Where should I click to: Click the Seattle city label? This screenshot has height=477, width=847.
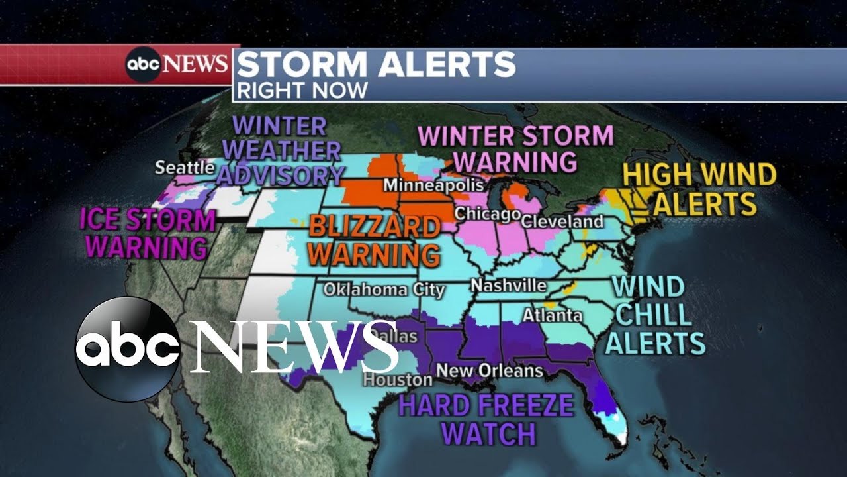(x=185, y=168)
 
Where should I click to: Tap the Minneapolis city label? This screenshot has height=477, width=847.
(x=425, y=184)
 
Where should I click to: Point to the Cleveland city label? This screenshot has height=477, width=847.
(x=562, y=221)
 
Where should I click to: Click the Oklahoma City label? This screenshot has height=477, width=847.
(x=384, y=290)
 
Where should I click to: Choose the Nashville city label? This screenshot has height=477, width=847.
(x=508, y=286)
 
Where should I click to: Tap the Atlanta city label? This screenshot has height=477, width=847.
(x=553, y=315)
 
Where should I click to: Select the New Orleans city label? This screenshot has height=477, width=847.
(x=490, y=370)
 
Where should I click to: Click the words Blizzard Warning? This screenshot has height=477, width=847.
(x=375, y=240)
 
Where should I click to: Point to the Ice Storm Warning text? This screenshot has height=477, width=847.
(x=148, y=234)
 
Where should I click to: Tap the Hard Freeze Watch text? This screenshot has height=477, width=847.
(x=486, y=419)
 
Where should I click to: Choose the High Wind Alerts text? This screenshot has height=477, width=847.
(x=699, y=189)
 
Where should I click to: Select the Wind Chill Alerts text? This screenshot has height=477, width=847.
(x=655, y=315)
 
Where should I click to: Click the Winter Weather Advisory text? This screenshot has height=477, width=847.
(x=281, y=151)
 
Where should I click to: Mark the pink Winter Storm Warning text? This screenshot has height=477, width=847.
(x=516, y=148)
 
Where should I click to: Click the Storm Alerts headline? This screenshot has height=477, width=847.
(x=376, y=64)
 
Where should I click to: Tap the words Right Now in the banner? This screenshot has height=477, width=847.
(x=302, y=90)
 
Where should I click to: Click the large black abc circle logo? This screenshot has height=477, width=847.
(x=127, y=349)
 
